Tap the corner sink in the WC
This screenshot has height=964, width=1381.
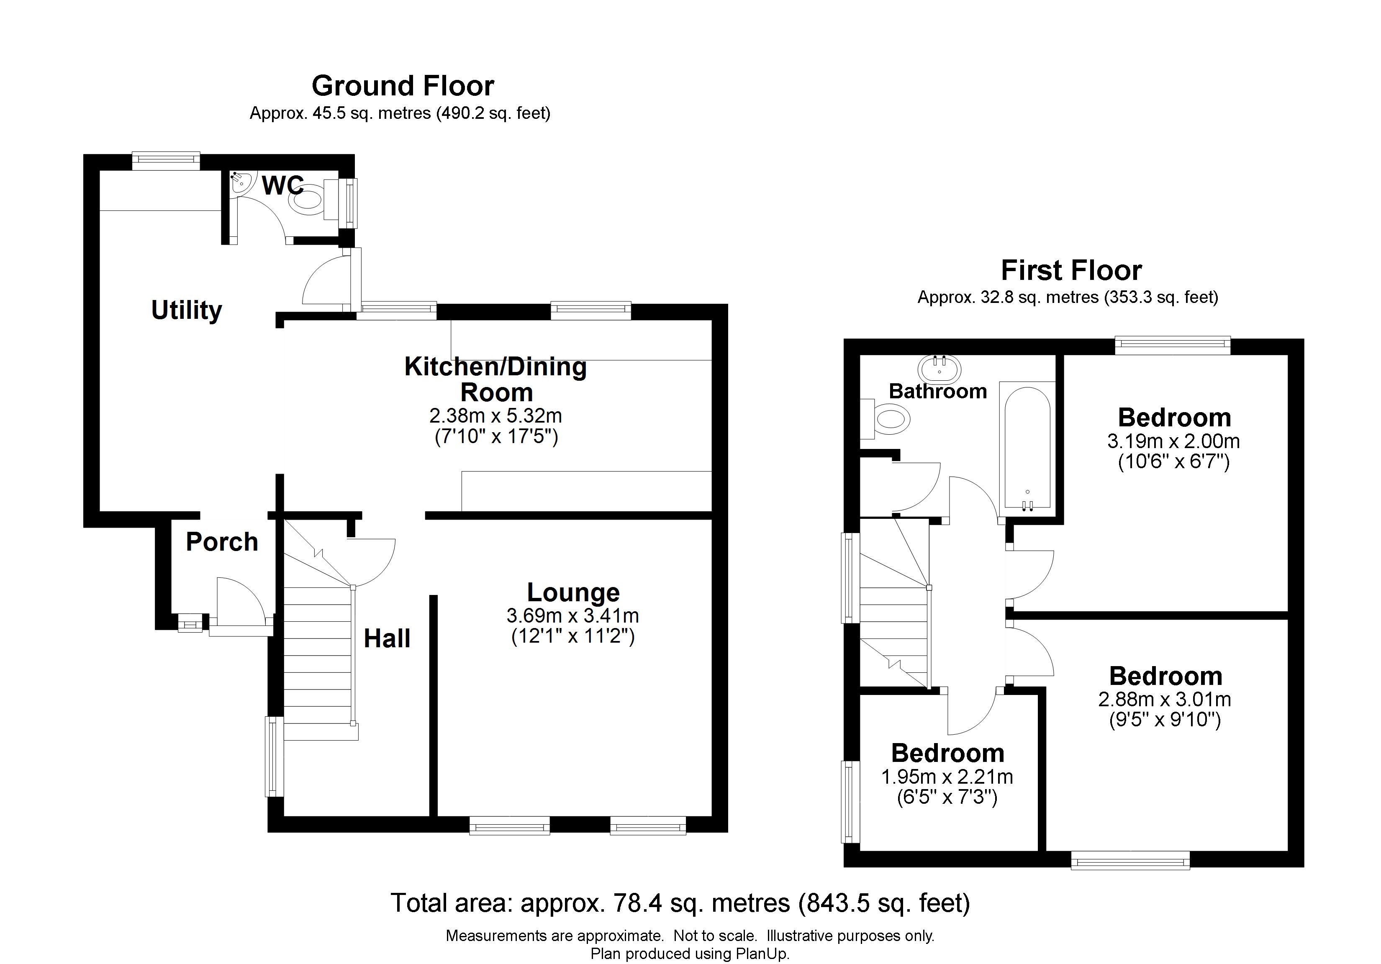click(242, 182)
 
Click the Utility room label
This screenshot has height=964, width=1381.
click(187, 310)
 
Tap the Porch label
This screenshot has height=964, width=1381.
click(222, 542)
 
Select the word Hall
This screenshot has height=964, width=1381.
click(388, 638)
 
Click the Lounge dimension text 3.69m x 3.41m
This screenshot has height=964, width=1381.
click(572, 616)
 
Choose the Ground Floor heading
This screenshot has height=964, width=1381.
click(403, 86)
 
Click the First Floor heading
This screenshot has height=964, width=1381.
click(1071, 271)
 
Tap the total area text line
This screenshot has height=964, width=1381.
click(680, 903)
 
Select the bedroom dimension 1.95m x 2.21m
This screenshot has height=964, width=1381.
click(947, 777)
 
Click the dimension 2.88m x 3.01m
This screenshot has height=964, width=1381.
click(1165, 700)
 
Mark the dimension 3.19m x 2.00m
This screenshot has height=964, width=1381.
click(1173, 441)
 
